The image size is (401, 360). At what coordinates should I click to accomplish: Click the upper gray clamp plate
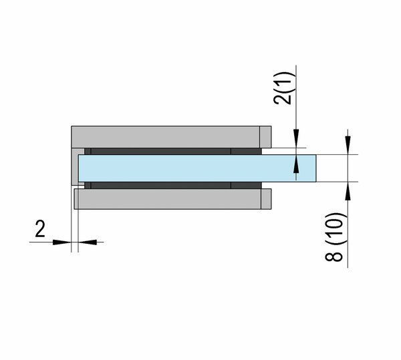[x=171, y=137]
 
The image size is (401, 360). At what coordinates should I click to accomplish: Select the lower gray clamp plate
[x=172, y=199]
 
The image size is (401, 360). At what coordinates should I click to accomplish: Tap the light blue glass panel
[x=197, y=168]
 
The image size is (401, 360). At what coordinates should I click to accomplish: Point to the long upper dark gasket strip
[x=161, y=151]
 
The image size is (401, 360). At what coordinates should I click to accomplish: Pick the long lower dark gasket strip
[x=161, y=185]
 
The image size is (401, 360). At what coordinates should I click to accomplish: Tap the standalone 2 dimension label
[x=40, y=229]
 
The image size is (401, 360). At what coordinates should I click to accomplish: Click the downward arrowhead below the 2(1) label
[x=296, y=138]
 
